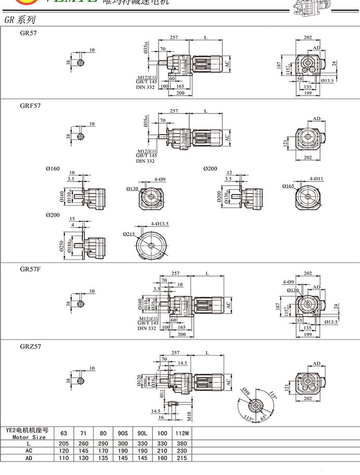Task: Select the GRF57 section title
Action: (29, 106)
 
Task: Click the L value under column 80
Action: (103, 443)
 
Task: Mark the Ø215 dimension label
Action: (128, 234)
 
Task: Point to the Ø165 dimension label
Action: (289, 185)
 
